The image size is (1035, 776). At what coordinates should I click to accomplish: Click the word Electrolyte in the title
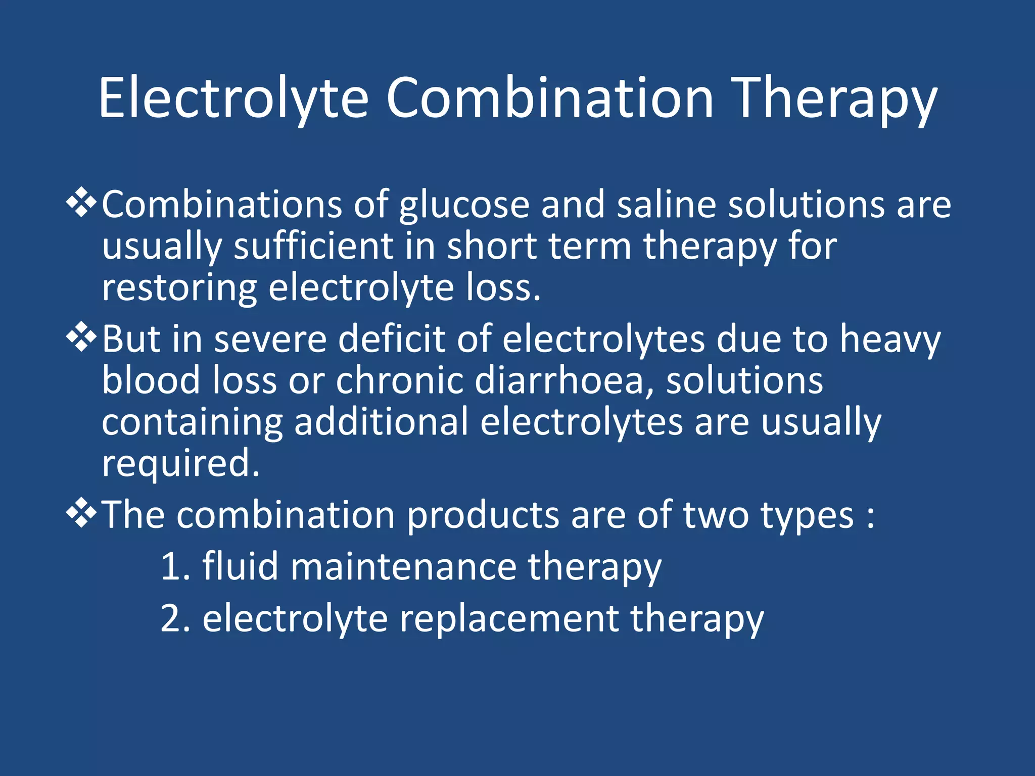[233, 99]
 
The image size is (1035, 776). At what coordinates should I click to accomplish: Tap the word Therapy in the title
[836, 99]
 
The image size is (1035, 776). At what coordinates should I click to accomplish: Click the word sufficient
[313, 247]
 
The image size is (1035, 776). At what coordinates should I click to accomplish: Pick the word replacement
[509, 619]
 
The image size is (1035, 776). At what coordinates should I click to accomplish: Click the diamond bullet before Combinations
[81, 204]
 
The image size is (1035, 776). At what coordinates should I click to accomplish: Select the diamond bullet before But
[81, 338]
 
